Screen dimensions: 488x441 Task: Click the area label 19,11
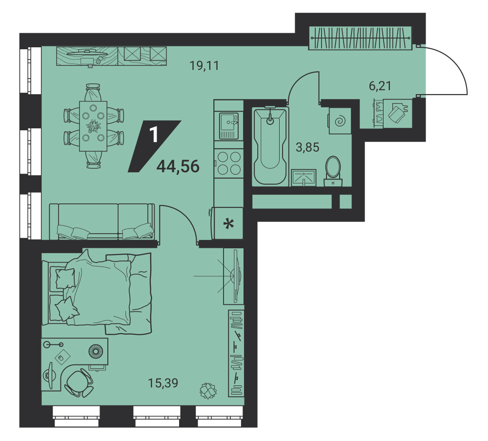tap(204, 66)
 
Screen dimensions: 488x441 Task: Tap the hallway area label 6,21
tap(380, 85)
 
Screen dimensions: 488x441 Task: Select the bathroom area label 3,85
tap(307, 147)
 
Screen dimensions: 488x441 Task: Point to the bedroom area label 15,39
tap(163, 383)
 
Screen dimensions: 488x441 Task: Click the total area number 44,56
tap(178, 166)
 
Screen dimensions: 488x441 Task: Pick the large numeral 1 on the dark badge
tap(154, 135)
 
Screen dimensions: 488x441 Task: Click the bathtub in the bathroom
tap(270, 146)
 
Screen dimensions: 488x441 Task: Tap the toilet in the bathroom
tap(333, 171)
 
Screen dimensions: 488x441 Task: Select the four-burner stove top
tap(229, 163)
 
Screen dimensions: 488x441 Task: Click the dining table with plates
tap(93, 126)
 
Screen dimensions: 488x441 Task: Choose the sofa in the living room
tap(102, 221)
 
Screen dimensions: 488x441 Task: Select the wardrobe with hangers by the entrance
tap(361, 38)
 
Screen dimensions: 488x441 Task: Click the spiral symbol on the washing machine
tap(340, 121)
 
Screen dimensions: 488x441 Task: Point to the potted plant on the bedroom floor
tap(208, 391)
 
